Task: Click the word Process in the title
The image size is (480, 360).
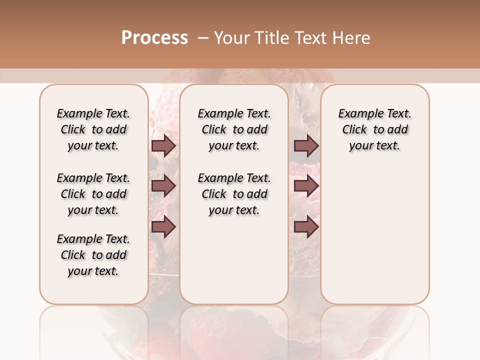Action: point(154,37)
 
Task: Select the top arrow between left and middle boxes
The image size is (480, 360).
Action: point(163,146)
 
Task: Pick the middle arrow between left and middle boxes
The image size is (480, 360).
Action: point(163,186)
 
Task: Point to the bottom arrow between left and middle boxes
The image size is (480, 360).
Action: point(163,226)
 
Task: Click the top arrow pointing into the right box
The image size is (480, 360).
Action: point(306,146)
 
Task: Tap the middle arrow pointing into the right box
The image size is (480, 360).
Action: point(306,186)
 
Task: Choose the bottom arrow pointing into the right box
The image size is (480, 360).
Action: point(306,226)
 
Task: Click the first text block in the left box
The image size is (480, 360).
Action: point(93,129)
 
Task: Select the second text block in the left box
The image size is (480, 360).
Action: point(93,194)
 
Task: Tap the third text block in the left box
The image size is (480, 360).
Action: point(93,255)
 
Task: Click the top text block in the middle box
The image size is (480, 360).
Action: point(234,129)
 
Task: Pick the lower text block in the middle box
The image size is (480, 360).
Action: point(234,194)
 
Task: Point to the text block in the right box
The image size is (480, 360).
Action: point(374,129)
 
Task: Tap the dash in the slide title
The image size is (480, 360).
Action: point(203,38)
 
